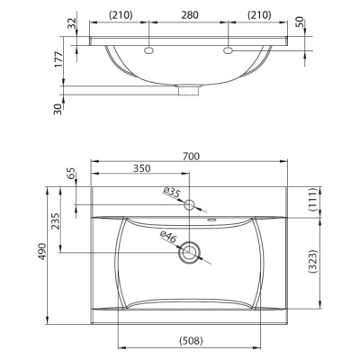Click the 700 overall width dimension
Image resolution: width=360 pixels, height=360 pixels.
click(x=191, y=156)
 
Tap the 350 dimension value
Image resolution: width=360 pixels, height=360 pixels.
click(x=141, y=168)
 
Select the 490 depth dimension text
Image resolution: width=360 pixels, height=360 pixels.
click(x=42, y=251)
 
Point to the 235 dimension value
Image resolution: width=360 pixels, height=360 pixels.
click(x=56, y=221)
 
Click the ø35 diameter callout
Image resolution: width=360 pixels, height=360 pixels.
click(x=171, y=193)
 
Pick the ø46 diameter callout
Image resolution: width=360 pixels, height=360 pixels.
click(x=167, y=237)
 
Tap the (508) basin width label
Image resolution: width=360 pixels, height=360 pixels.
click(x=191, y=340)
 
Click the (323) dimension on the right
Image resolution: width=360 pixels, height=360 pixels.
click(x=313, y=261)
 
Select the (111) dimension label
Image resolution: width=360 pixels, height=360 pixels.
click(x=313, y=200)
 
